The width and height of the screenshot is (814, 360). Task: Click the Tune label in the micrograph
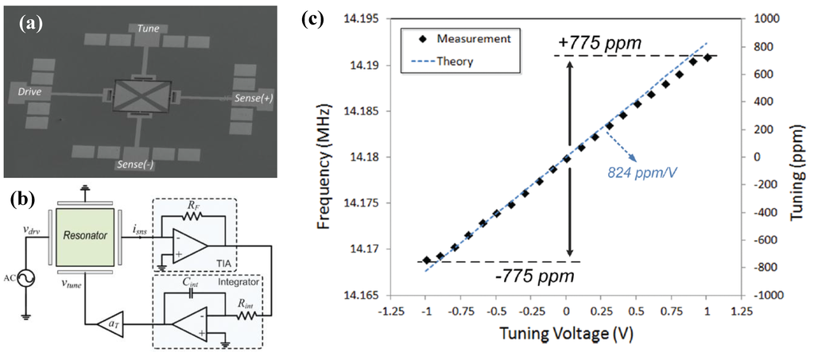[x=149, y=29]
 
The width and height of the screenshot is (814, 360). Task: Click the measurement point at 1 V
[x=707, y=57]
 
